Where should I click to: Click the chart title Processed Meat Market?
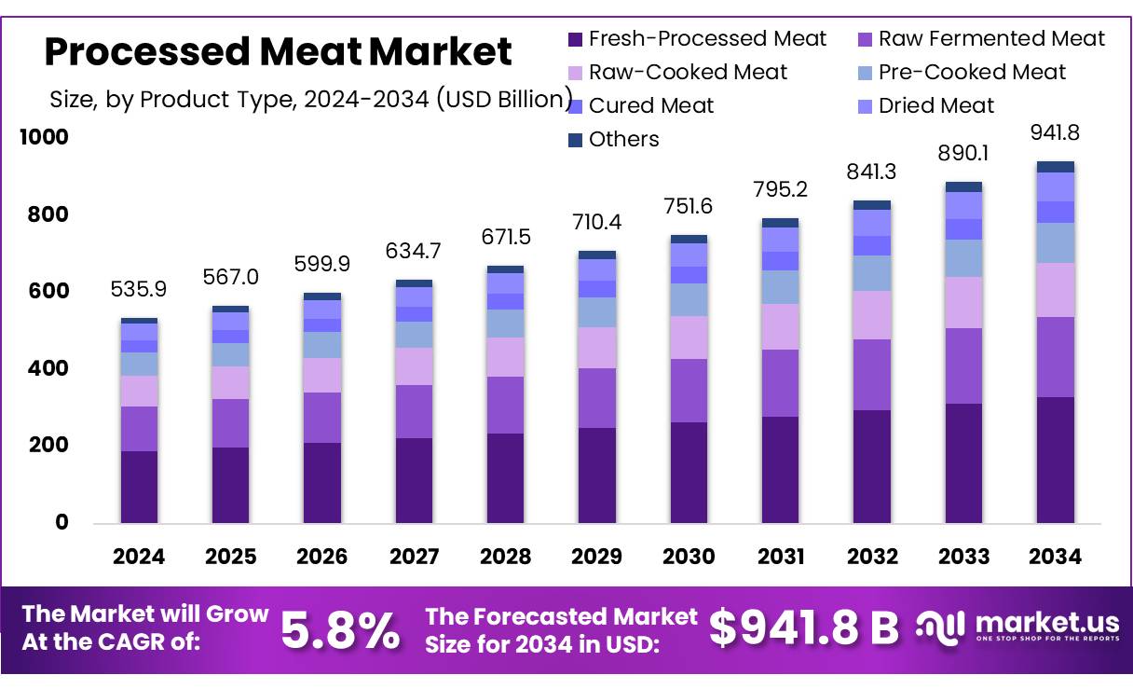(x=278, y=52)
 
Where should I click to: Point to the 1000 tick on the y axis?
(x=45, y=138)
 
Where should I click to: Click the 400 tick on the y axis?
(x=50, y=368)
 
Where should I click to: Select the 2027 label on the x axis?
(x=414, y=557)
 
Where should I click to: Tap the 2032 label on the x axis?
(x=872, y=557)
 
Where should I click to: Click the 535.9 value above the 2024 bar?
(x=139, y=290)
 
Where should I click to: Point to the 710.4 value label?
(x=596, y=223)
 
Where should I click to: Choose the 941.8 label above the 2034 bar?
(x=1055, y=133)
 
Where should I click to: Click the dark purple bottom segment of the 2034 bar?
(x=1055, y=460)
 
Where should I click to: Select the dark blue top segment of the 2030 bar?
(x=689, y=239)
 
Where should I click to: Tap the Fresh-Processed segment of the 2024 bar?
(x=139, y=487)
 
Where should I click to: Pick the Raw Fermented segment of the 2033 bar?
(x=963, y=366)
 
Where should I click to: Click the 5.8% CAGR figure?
(x=340, y=630)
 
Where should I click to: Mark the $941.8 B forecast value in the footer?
(x=803, y=628)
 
